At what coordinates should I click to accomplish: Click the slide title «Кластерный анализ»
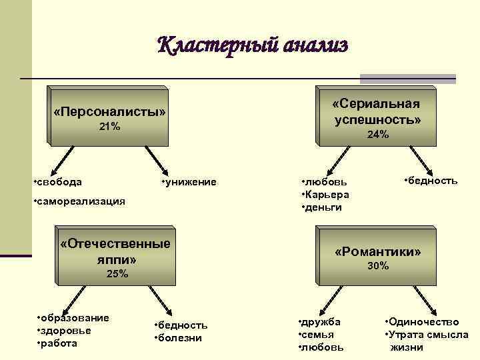click(x=253, y=46)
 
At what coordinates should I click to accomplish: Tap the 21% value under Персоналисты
click(x=109, y=127)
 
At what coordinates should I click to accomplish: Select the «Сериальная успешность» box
click(x=377, y=113)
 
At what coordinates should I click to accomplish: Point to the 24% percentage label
click(x=378, y=135)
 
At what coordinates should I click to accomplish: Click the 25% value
click(x=117, y=274)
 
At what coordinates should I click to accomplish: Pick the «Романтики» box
click(x=378, y=253)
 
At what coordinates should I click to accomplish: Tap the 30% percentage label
click(x=378, y=266)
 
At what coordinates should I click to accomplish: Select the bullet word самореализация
click(x=81, y=201)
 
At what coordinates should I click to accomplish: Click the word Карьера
click(x=327, y=194)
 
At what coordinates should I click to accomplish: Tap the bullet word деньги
click(x=324, y=207)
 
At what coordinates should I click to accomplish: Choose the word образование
click(x=75, y=317)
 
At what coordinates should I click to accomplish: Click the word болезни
click(x=179, y=337)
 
